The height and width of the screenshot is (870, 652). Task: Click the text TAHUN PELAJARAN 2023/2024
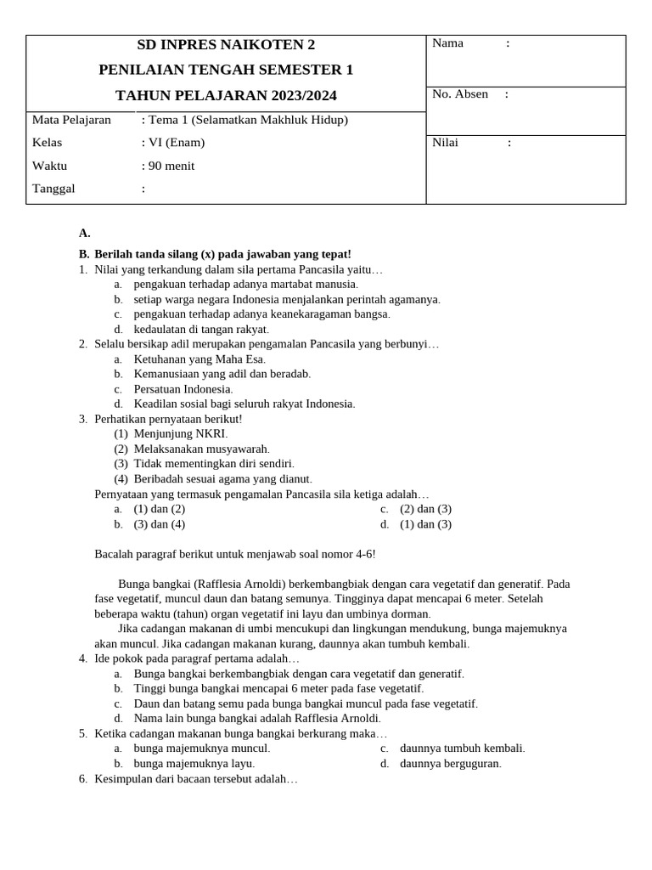(226, 95)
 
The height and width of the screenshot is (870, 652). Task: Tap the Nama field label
(447, 43)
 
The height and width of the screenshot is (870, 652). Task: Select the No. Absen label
(460, 94)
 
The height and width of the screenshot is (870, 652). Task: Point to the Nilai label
(445, 143)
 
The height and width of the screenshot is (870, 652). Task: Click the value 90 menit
(170, 166)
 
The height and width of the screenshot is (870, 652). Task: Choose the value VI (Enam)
(175, 143)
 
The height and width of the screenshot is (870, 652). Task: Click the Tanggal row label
(53, 189)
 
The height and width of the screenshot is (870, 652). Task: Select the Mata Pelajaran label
(71, 120)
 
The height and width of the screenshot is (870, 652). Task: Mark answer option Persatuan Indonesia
(183, 389)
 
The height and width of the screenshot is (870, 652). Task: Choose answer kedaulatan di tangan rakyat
(201, 329)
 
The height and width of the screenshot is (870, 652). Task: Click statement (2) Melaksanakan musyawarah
(201, 449)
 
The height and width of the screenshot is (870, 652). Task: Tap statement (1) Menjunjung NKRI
(180, 434)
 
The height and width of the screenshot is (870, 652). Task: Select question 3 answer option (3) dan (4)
(159, 524)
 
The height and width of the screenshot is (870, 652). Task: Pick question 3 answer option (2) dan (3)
(425, 509)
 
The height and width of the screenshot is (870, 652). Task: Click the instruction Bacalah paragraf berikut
(234, 554)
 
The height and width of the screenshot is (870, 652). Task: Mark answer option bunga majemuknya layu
(194, 764)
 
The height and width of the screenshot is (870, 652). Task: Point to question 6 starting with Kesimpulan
(195, 779)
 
